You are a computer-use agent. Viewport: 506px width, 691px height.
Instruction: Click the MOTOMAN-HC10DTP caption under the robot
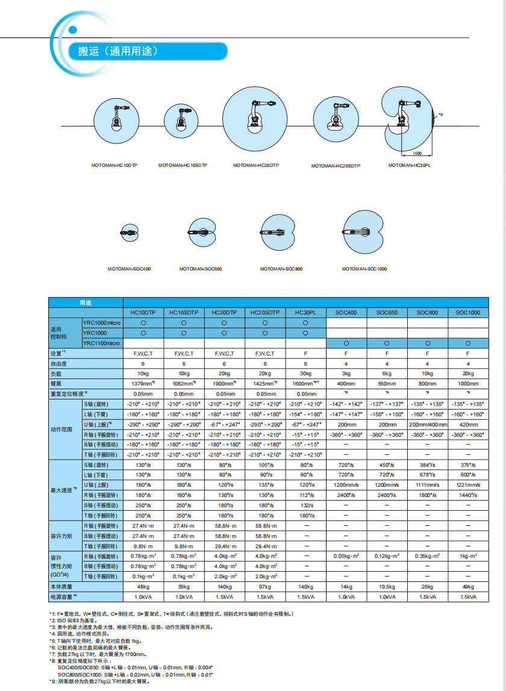click(x=114, y=164)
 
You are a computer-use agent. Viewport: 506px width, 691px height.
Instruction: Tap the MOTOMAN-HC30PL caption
click(x=410, y=164)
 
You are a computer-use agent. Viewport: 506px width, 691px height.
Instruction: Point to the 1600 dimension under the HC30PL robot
click(x=417, y=154)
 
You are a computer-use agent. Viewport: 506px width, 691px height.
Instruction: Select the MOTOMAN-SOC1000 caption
click(x=364, y=269)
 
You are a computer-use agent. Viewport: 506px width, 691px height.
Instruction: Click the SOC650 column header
click(x=387, y=313)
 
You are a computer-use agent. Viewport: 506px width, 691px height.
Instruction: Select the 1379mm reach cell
click(x=143, y=383)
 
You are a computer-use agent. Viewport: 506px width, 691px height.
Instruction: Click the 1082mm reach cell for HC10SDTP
click(x=184, y=383)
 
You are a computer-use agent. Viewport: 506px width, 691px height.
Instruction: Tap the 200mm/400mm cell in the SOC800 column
click(x=427, y=424)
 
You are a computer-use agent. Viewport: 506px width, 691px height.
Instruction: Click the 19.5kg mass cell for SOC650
click(x=387, y=586)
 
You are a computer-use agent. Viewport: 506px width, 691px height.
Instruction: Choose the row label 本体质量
click(x=61, y=586)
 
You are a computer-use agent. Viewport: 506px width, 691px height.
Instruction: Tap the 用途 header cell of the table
click(x=86, y=302)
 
